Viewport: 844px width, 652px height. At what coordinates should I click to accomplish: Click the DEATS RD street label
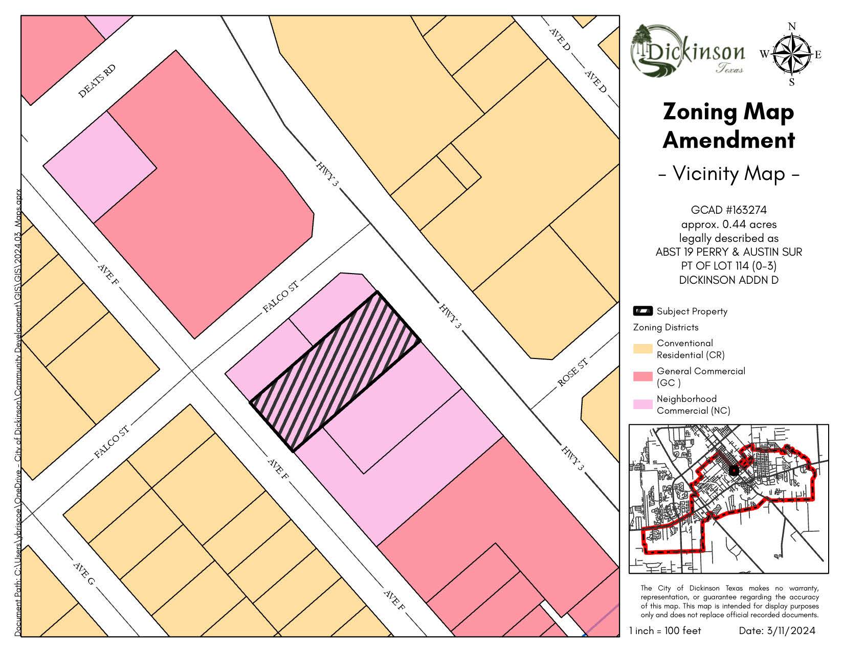pos(97,81)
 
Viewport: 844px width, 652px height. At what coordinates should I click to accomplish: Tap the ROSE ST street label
pos(572,372)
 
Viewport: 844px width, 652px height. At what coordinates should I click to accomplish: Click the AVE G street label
pos(84,574)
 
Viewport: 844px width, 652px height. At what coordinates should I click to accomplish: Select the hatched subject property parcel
pos(336,371)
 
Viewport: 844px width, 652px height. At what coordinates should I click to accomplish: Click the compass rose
pos(791,54)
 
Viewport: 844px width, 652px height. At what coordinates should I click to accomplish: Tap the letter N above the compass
pos(792,27)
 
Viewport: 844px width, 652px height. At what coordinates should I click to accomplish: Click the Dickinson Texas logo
pos(688,51)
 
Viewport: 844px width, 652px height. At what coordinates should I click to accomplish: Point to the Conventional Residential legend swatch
pos(642,349)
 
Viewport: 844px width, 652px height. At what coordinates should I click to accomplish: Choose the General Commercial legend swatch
pos(642,377)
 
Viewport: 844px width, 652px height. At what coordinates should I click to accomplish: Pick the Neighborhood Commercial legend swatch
pos(642,404)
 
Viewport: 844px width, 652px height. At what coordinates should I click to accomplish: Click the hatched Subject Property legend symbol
pos(642,311)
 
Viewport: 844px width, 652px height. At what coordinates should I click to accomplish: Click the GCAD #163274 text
pos(728,210)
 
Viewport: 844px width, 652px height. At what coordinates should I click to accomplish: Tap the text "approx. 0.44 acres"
pos(728,224)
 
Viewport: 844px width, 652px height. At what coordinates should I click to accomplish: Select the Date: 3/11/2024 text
pos(776,631)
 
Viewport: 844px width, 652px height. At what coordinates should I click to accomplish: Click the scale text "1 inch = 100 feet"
pos(665,631)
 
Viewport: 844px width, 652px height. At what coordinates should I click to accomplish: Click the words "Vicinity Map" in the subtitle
pos(728,174)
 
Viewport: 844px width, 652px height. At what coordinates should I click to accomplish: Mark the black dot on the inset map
pos(734,470)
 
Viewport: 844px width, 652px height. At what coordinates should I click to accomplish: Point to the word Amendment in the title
pos(728,140)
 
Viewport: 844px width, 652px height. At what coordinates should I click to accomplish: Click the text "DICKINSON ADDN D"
pos(728,280)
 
